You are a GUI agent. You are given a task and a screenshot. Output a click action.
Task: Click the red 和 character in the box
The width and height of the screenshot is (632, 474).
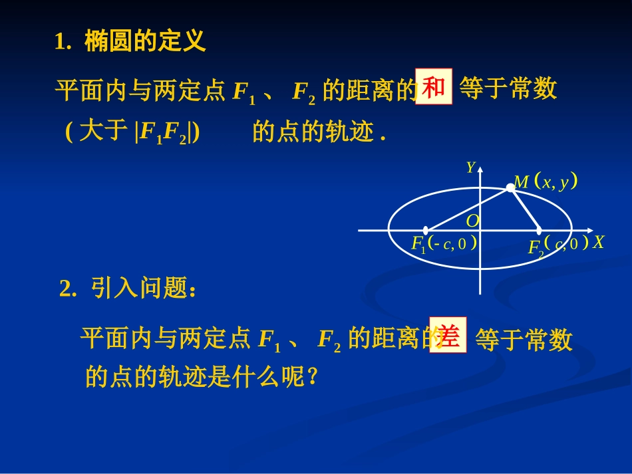(434, 87)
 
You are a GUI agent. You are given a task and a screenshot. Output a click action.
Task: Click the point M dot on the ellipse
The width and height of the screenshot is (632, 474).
(510, 188)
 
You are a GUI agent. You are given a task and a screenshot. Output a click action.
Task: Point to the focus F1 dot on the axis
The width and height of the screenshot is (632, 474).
(426, 230)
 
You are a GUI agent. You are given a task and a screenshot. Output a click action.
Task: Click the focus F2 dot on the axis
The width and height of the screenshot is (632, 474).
(538, 230)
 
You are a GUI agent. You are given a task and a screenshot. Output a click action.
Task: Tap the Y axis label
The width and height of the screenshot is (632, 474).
(470, 168)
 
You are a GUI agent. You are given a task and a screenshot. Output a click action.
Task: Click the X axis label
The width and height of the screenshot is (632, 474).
(598, 242)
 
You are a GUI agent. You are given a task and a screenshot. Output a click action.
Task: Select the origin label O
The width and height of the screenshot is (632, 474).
(472, 220)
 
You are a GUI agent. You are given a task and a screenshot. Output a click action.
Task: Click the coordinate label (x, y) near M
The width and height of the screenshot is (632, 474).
(555, 182)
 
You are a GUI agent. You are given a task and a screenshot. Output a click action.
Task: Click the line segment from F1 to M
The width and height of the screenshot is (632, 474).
(466, 210)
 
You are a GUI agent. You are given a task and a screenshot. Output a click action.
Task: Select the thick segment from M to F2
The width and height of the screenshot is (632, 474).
(525, 209)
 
